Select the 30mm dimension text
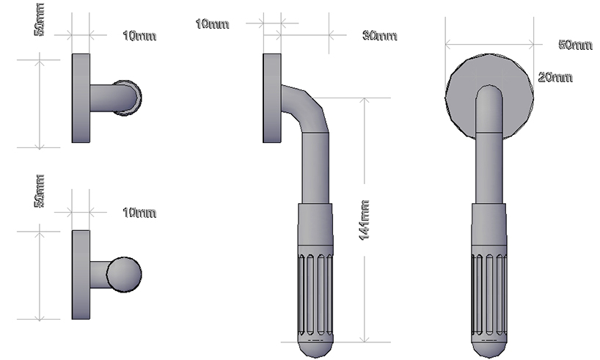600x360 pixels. coord(379,35)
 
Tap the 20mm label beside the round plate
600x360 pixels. coord(555,77)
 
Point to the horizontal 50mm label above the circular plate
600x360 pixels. coord(575,45)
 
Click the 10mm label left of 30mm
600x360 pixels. coord(212,24)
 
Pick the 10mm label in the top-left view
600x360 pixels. coord(139,35)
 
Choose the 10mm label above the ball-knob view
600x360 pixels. coord(139,213)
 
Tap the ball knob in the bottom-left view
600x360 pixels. coord(124,273)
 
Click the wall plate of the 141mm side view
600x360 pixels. coord(271,98)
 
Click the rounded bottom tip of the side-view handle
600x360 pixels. coord(315,348)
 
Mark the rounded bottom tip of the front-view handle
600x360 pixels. coord(489,348)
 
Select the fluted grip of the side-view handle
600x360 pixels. coord(315,293)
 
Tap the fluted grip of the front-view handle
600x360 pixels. coord(489,293)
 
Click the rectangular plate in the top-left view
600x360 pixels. coord(81,98)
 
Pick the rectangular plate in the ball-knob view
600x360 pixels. coord(81,275)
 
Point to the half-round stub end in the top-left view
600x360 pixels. coord(132,98)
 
